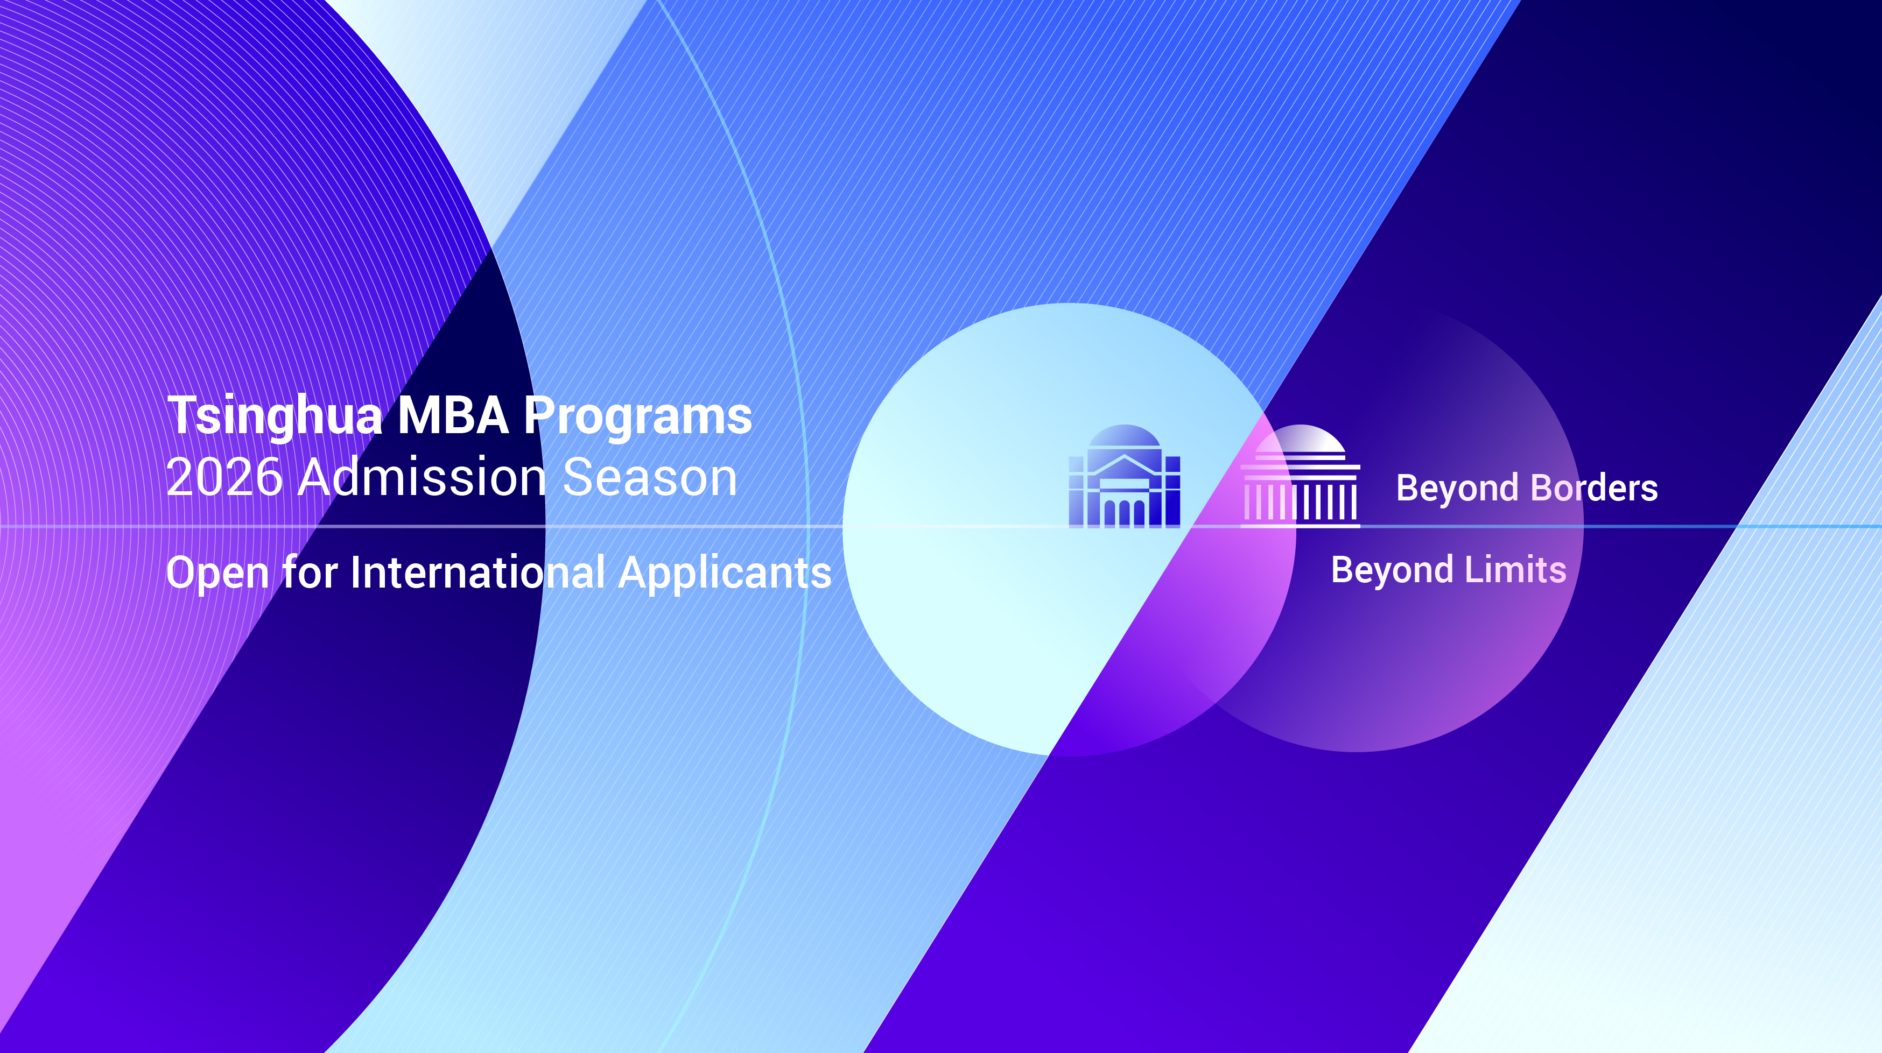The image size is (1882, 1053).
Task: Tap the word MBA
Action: (453, 415)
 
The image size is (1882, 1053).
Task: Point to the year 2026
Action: (223, 478)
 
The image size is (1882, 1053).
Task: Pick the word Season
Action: (650, 478)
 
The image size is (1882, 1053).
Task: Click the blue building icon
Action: (1125, 476)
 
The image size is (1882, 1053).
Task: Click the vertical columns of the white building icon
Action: (1301, 501)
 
